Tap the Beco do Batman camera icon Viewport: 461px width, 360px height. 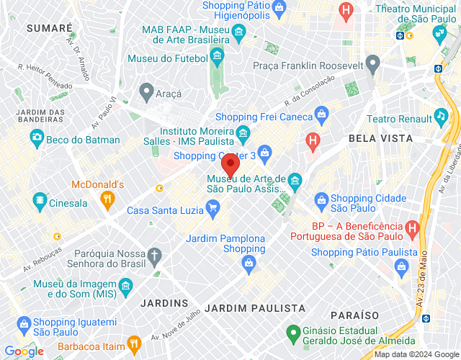tap(36, 137)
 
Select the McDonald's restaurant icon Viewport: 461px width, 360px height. tap(107, 199)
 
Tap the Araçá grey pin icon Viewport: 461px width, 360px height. tap(146, 91)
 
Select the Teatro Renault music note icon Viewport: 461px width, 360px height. tap(441, 117)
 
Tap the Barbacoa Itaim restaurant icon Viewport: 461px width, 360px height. tap(133, 343)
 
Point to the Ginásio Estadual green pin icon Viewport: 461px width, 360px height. tap(292, 334)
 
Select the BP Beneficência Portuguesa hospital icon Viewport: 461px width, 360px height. tap(412, 228)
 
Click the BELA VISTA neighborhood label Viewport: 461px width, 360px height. tap(380, 138)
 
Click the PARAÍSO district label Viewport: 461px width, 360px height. tap(354, 315)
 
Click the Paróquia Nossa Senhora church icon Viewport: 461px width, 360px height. tap(153, 254)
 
